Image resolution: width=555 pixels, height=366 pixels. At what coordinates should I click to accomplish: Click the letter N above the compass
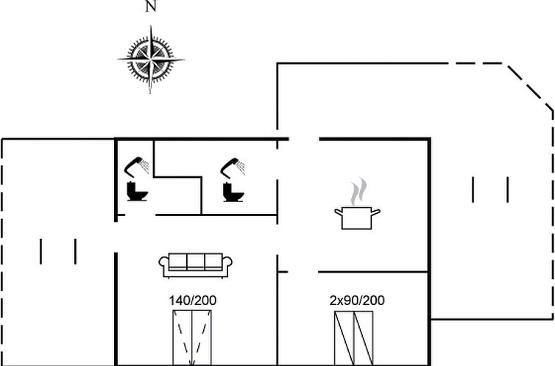151,7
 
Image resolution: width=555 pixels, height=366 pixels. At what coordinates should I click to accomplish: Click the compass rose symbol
151,60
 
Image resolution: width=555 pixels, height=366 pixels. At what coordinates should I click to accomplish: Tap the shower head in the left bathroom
137,167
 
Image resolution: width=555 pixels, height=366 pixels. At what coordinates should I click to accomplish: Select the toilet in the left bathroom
137,191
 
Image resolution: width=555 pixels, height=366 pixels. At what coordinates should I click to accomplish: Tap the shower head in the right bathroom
233,168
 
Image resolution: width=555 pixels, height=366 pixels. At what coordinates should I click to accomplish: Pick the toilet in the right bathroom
233,192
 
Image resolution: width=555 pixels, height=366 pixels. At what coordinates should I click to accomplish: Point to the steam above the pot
358,191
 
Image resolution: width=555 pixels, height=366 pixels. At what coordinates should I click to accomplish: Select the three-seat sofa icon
196,265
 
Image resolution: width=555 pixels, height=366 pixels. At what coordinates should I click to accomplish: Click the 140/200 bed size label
193,301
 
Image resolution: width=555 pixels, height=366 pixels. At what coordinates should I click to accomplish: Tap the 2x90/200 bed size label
357,301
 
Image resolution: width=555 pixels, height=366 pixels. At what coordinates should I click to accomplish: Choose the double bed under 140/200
192,338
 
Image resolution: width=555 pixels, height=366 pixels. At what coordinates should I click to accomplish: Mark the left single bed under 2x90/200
344,338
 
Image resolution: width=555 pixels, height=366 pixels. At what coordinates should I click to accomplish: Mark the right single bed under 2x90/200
364,338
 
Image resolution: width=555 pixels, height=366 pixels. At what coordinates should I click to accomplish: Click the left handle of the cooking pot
339,212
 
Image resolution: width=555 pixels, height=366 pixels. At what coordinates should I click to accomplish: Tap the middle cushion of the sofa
196,262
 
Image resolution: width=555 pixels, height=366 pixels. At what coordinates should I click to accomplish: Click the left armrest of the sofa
163,265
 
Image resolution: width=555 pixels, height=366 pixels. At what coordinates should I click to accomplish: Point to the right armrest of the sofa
227,265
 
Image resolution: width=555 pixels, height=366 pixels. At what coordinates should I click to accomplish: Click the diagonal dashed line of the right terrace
530,87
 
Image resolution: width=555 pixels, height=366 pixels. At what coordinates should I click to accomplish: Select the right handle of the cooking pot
375,212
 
